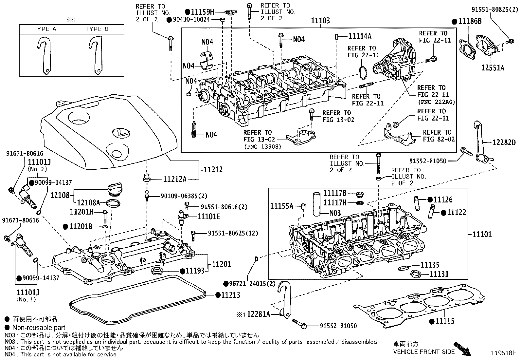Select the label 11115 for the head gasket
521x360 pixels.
pos(445,321)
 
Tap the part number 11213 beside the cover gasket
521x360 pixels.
pos(231,295)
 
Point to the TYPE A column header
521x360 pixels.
pos(45,29)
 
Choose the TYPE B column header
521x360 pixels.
pos(97,29)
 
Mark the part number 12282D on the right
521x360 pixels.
pos(504,142)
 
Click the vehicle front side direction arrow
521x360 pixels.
pos(462,348)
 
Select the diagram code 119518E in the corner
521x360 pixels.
pos(503,353)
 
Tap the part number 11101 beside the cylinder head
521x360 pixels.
pos(482,235)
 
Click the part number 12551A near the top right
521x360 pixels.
pos(493,68)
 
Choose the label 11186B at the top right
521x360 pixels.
pos(470,22)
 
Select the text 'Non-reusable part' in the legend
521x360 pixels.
pos(39,328)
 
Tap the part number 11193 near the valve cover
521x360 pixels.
pos(195,271)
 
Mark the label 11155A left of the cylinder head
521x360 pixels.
pos(282,206)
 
